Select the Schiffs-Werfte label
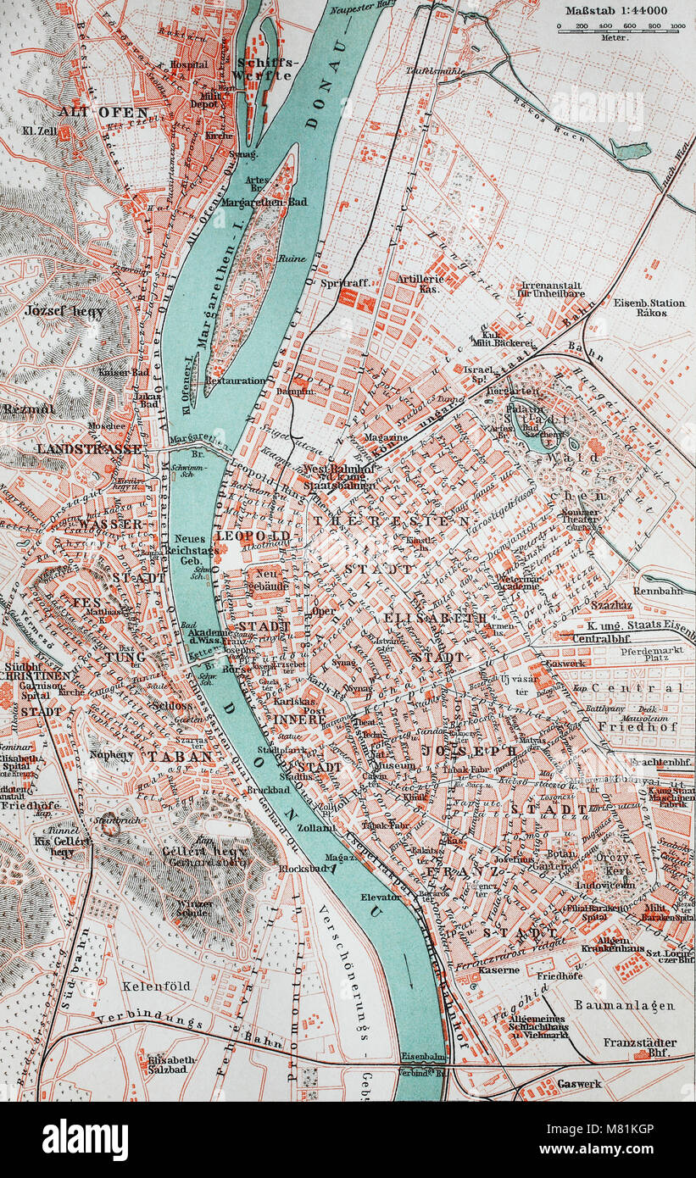[264, 68]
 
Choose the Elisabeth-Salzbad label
[173, 1064]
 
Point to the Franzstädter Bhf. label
[639, 1047]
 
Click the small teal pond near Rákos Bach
[630, 151]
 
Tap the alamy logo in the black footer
[85, 1139]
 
